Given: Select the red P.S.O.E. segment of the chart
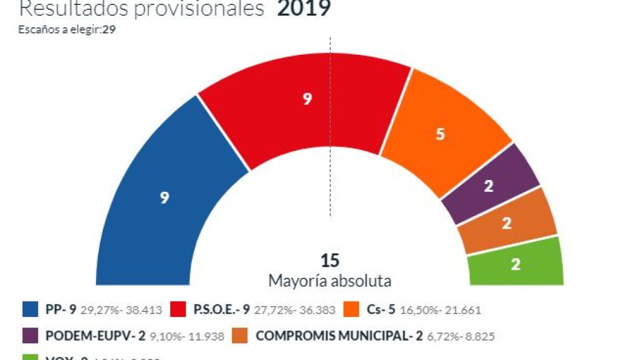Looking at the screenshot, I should pos(305,106).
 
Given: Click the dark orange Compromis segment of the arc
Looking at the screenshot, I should pos(507,223).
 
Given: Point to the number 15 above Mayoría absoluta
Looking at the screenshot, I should pos(330,260).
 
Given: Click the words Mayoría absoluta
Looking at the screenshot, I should pos(330,281).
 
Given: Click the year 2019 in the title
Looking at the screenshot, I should pos(303,9).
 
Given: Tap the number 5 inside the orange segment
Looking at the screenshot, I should pos(441,134).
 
